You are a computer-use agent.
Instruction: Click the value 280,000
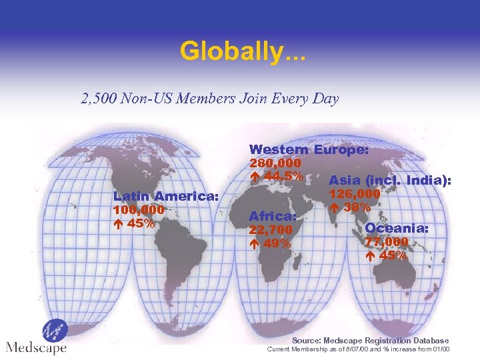(275, 163)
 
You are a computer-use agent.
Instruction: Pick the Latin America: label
(166, 197)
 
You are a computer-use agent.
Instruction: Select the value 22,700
(270, 230)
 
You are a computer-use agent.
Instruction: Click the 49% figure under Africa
(276, 243)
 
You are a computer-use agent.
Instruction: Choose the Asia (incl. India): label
(390, 181)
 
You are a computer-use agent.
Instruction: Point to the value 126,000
(355, 194)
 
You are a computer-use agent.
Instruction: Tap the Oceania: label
(397, 229)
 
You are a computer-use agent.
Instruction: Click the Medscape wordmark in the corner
(36, 348)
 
